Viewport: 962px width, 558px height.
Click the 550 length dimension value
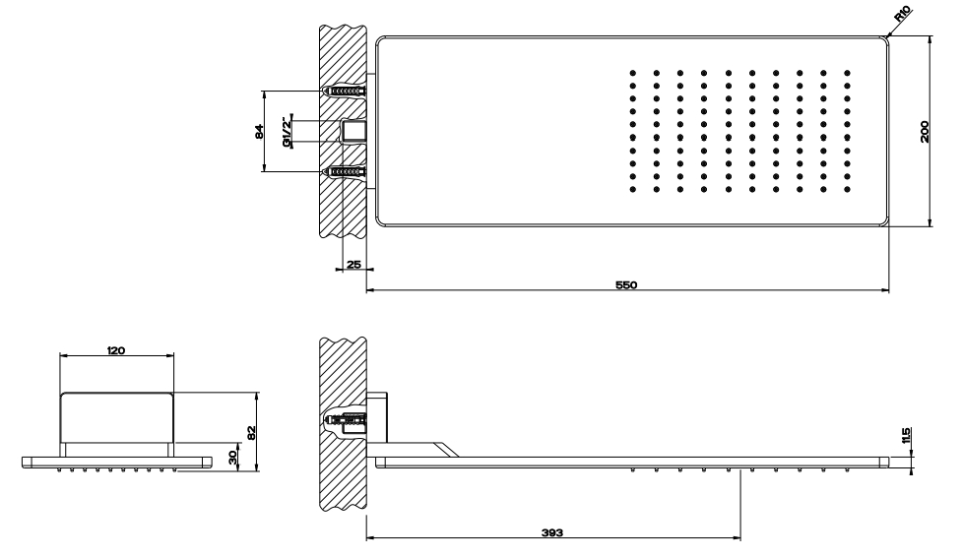[x=626, y=285]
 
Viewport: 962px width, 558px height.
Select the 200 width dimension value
[x=926, y=132]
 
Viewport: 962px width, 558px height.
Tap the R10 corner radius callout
[x=903, y=14]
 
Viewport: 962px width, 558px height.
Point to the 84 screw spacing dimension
[x=259, y=131]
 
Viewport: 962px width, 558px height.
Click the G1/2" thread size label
[x=287, y=132]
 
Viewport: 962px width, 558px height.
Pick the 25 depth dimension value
[x=354, y=265]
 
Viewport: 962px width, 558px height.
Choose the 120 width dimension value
[x=116, y=350]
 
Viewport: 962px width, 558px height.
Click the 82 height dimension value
[x=250, y=432]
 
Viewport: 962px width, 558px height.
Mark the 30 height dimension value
[x=232, y=458]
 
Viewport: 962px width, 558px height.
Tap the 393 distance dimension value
[x=552, y=532]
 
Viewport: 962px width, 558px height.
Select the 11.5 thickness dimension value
[x=907, y=436]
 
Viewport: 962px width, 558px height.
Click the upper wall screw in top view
[x=348, y=92]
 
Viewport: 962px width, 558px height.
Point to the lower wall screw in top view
[x=348, y=171]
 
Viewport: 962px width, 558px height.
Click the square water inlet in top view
[x=354, y=132]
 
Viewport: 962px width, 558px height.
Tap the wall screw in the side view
[x=348, y=422]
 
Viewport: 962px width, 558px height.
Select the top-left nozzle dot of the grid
[x=632, y=73]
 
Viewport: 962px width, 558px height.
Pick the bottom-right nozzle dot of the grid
[x=847, y=190]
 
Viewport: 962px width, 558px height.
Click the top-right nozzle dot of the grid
[x=847, y=73]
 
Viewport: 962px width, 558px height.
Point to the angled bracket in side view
[x=445, y=449]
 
